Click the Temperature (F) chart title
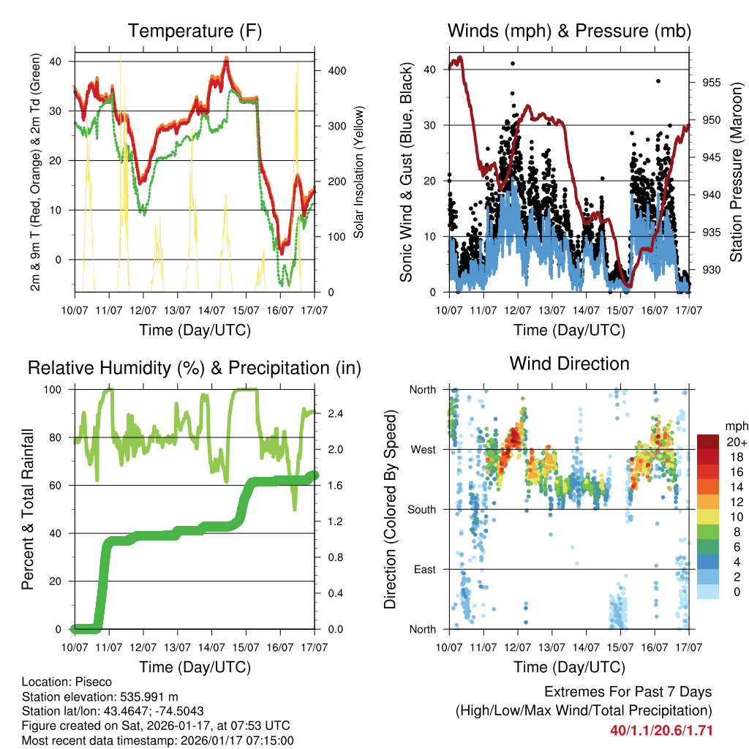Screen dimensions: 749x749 coord(195,31)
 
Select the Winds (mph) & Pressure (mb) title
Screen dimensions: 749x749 coord(569,31)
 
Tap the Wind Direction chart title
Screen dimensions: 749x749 coord(569,364)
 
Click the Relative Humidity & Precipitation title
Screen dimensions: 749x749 coord(195,368)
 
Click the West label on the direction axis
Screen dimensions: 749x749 coord(424,450)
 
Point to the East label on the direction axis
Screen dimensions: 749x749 coord(425,570)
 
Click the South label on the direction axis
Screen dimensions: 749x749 coord(422,510)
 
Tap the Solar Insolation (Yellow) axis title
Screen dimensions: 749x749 coord(359,172)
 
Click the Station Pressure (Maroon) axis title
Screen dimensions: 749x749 coord(737,172)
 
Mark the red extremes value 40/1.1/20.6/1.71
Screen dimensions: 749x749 coord(661,731)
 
